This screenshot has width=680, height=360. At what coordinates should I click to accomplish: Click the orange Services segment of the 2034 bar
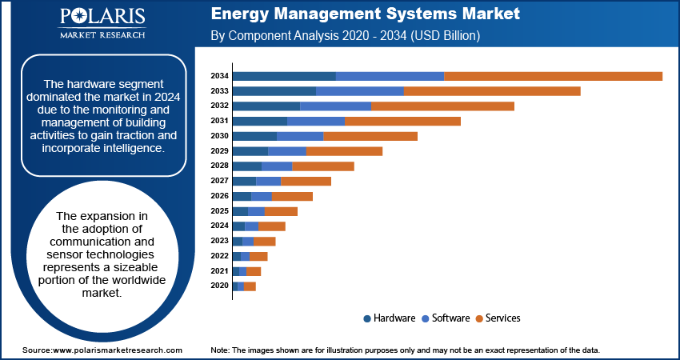click(x=553, y=76)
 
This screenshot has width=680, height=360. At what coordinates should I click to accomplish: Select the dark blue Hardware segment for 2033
click(x=274, y=91)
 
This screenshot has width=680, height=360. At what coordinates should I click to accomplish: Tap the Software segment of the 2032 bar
click(x=335, y=106)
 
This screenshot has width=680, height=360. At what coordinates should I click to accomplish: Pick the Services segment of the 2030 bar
click(x=370, y=136)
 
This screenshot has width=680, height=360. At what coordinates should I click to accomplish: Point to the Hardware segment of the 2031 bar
click(x=259, y=121)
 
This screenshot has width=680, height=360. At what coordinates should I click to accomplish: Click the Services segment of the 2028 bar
click(x=322, y=166)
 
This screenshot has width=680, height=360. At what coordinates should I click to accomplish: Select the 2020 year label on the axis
click(x=219, y=286)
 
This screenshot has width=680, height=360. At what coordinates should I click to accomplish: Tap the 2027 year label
click(x=219, y=181)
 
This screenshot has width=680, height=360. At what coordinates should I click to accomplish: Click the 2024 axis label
click(x=219, y=226)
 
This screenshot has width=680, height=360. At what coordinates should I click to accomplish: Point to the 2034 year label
click(x=219, y=76)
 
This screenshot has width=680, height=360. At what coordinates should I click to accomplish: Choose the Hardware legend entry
click(x=389, y=318)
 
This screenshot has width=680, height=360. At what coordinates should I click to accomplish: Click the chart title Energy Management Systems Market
click(x=365, y=14)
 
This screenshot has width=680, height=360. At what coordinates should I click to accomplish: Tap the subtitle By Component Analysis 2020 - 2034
click(x=345, y=36)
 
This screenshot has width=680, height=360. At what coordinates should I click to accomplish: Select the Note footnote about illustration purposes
click(x=405, y=350)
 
